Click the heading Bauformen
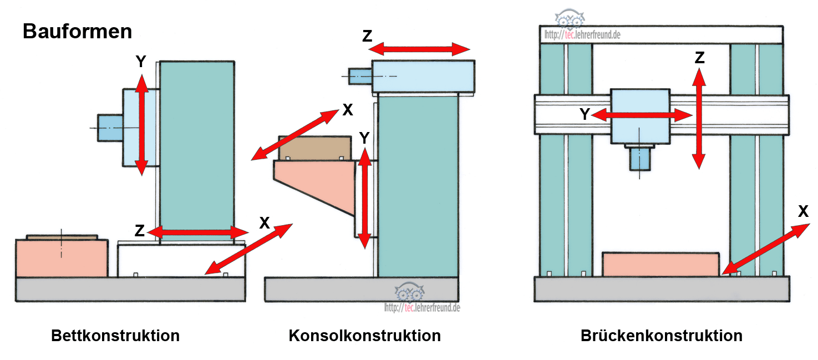pos(77,32)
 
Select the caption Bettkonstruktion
pos(115,336)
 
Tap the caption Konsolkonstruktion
pos(364,336)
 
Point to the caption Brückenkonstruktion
pos(661,336)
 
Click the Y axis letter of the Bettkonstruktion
pos(141,62)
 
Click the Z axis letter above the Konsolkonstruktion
pos(367,36)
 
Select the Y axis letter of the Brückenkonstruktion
pos(585,114)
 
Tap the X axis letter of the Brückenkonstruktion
pos(803,211)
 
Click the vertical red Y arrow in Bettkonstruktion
pos(142,124)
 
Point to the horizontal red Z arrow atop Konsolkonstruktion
pos(420,49)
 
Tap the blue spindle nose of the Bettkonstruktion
pos(109,127)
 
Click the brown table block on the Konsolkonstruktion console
pos(315,148)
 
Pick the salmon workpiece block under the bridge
pos(661,264)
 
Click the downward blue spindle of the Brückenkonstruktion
pos(640,159)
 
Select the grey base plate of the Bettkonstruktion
pos(130,289)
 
